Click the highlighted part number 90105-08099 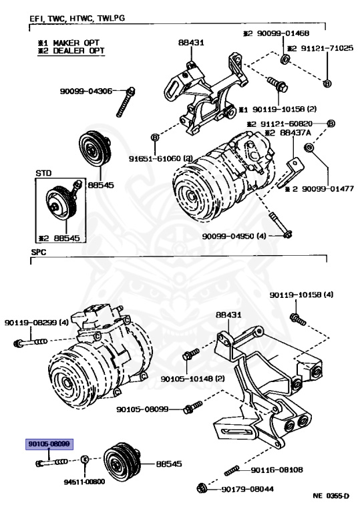(49, 444)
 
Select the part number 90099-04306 (85, 91)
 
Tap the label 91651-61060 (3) (160, 159)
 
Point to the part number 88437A (295, 133)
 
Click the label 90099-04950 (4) (234, 236)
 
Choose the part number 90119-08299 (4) (37, 323)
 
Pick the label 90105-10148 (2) (192, 379)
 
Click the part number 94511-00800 (84, 482)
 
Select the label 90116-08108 (277, 470)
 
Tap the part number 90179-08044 (248, 489)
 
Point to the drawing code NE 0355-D (331, 496)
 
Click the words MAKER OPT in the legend (76, 43)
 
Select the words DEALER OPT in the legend (79, 51)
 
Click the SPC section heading (39, 252)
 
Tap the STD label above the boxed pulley (43, 173)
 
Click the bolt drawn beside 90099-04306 (126, 102)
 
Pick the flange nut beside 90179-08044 (202, 488)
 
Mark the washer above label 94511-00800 (84, 459)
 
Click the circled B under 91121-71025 (327, 83)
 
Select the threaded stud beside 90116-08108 (232, 470)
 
